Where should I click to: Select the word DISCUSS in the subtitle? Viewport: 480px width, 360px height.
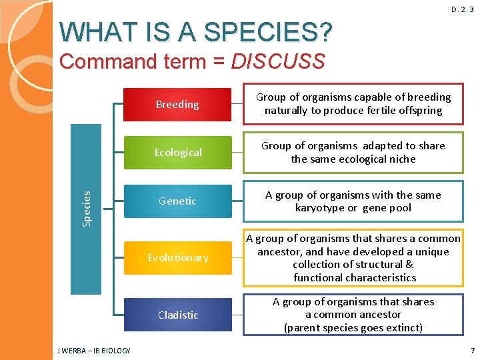[278, 62]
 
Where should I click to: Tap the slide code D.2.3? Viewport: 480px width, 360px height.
[463, 9]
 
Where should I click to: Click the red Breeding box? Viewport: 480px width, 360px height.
[177, 105]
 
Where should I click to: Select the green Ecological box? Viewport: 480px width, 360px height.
[177, 153]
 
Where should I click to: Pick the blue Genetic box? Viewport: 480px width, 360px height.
[177, 201]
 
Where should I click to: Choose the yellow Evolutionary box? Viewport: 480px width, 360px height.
[177, 257]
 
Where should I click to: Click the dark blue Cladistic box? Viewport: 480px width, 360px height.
[177, 315]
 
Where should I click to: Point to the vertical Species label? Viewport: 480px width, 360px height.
[87, 208]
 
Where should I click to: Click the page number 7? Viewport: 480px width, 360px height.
[472, 351]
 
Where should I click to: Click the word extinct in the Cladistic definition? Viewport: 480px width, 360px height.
[402, 328]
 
